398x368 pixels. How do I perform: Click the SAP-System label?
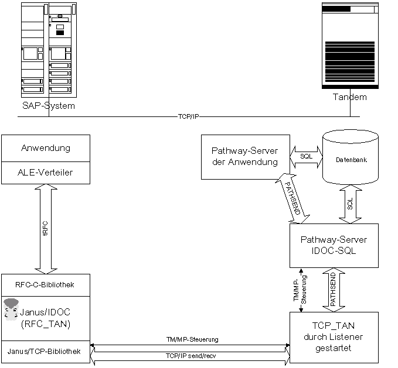[49, 106]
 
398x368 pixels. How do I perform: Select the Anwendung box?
[46, 148]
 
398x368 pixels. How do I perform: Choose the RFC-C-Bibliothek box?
[46, 284]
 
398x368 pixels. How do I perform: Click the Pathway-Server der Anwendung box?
[244, 156]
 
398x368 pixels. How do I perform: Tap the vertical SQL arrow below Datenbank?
[351, 204]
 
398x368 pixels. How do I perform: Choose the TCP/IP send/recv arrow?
[190, 356]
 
